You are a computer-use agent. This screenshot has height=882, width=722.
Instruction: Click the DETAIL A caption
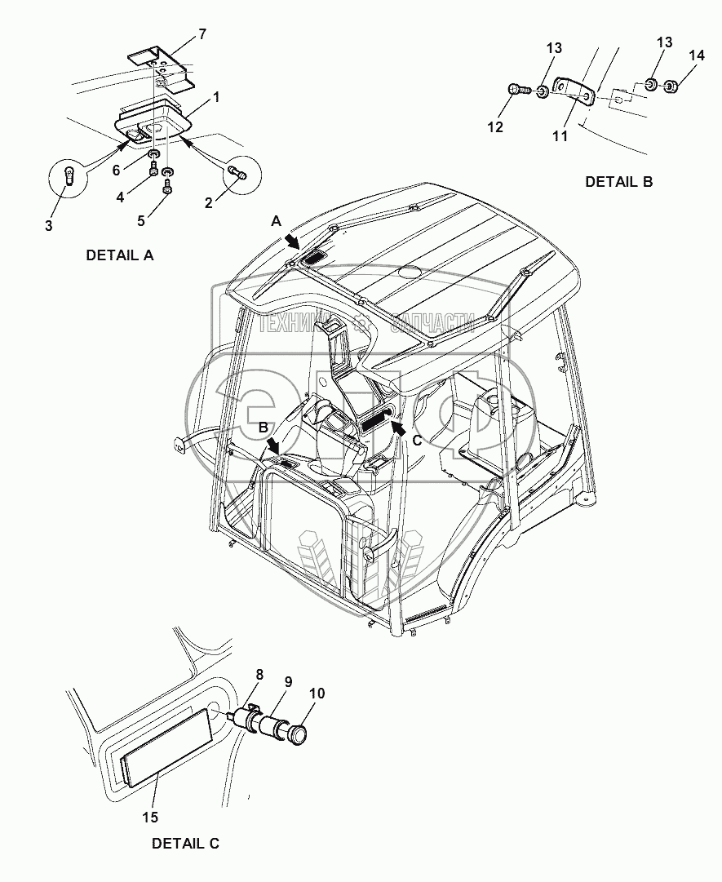[x=119, y=255]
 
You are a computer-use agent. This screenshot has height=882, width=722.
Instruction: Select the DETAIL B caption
[x=619, y=182]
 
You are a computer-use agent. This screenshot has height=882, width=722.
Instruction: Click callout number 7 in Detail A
[x=202, y=33]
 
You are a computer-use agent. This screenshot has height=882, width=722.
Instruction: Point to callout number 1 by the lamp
[x=216, y=96]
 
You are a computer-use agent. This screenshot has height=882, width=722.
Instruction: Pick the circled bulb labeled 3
[x=70, y=175]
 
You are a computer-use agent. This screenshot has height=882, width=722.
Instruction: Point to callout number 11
[x=560, y=136]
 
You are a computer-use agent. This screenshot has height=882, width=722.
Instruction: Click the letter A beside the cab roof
[x=277, y=220]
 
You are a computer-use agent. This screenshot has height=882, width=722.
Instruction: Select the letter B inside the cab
[x=264, y=427]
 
